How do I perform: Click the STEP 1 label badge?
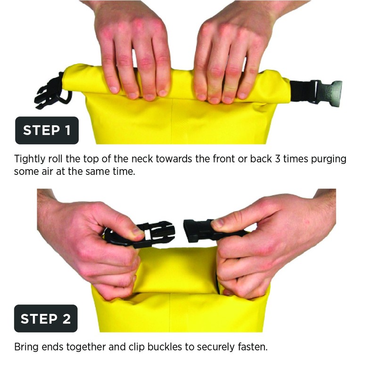tap(47, 130)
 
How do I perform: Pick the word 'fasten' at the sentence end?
tap(253, 348)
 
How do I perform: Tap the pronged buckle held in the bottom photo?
tap(154, 232)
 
